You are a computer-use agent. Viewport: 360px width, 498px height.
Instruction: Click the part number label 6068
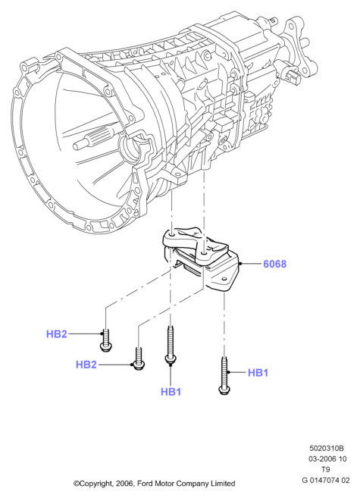(x=274, y=264)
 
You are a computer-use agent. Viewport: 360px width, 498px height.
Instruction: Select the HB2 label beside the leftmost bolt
(x=57, y=334)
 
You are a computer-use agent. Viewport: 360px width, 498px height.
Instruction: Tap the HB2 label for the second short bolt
(x=86, y=365)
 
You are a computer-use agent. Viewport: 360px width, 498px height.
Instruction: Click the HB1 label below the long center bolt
(x=171, y=392)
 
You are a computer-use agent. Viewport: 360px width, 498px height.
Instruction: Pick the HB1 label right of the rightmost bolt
(x=258, y=373)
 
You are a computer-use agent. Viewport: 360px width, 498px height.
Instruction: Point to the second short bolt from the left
(x=139, y=359)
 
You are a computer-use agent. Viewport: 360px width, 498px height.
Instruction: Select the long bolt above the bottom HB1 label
(x=171, y=346)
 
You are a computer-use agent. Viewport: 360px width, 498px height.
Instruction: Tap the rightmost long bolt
(x=224, y=376)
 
